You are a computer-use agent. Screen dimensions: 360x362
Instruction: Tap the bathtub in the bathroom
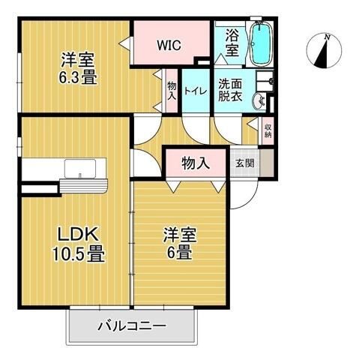pos(262,43)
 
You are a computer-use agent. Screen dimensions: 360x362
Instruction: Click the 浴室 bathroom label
pos(232,42)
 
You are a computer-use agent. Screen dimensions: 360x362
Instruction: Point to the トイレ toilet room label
pos(196,92)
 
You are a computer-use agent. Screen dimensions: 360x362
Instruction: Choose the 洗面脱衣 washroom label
pos(231,91)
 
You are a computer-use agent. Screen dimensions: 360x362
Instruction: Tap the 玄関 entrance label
pos(244,162)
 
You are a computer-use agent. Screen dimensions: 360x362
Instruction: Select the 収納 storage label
pos(268,133)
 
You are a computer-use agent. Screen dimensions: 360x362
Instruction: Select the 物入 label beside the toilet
pos(172,91)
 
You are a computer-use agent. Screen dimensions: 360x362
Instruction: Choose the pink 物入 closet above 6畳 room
pos(195,163)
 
